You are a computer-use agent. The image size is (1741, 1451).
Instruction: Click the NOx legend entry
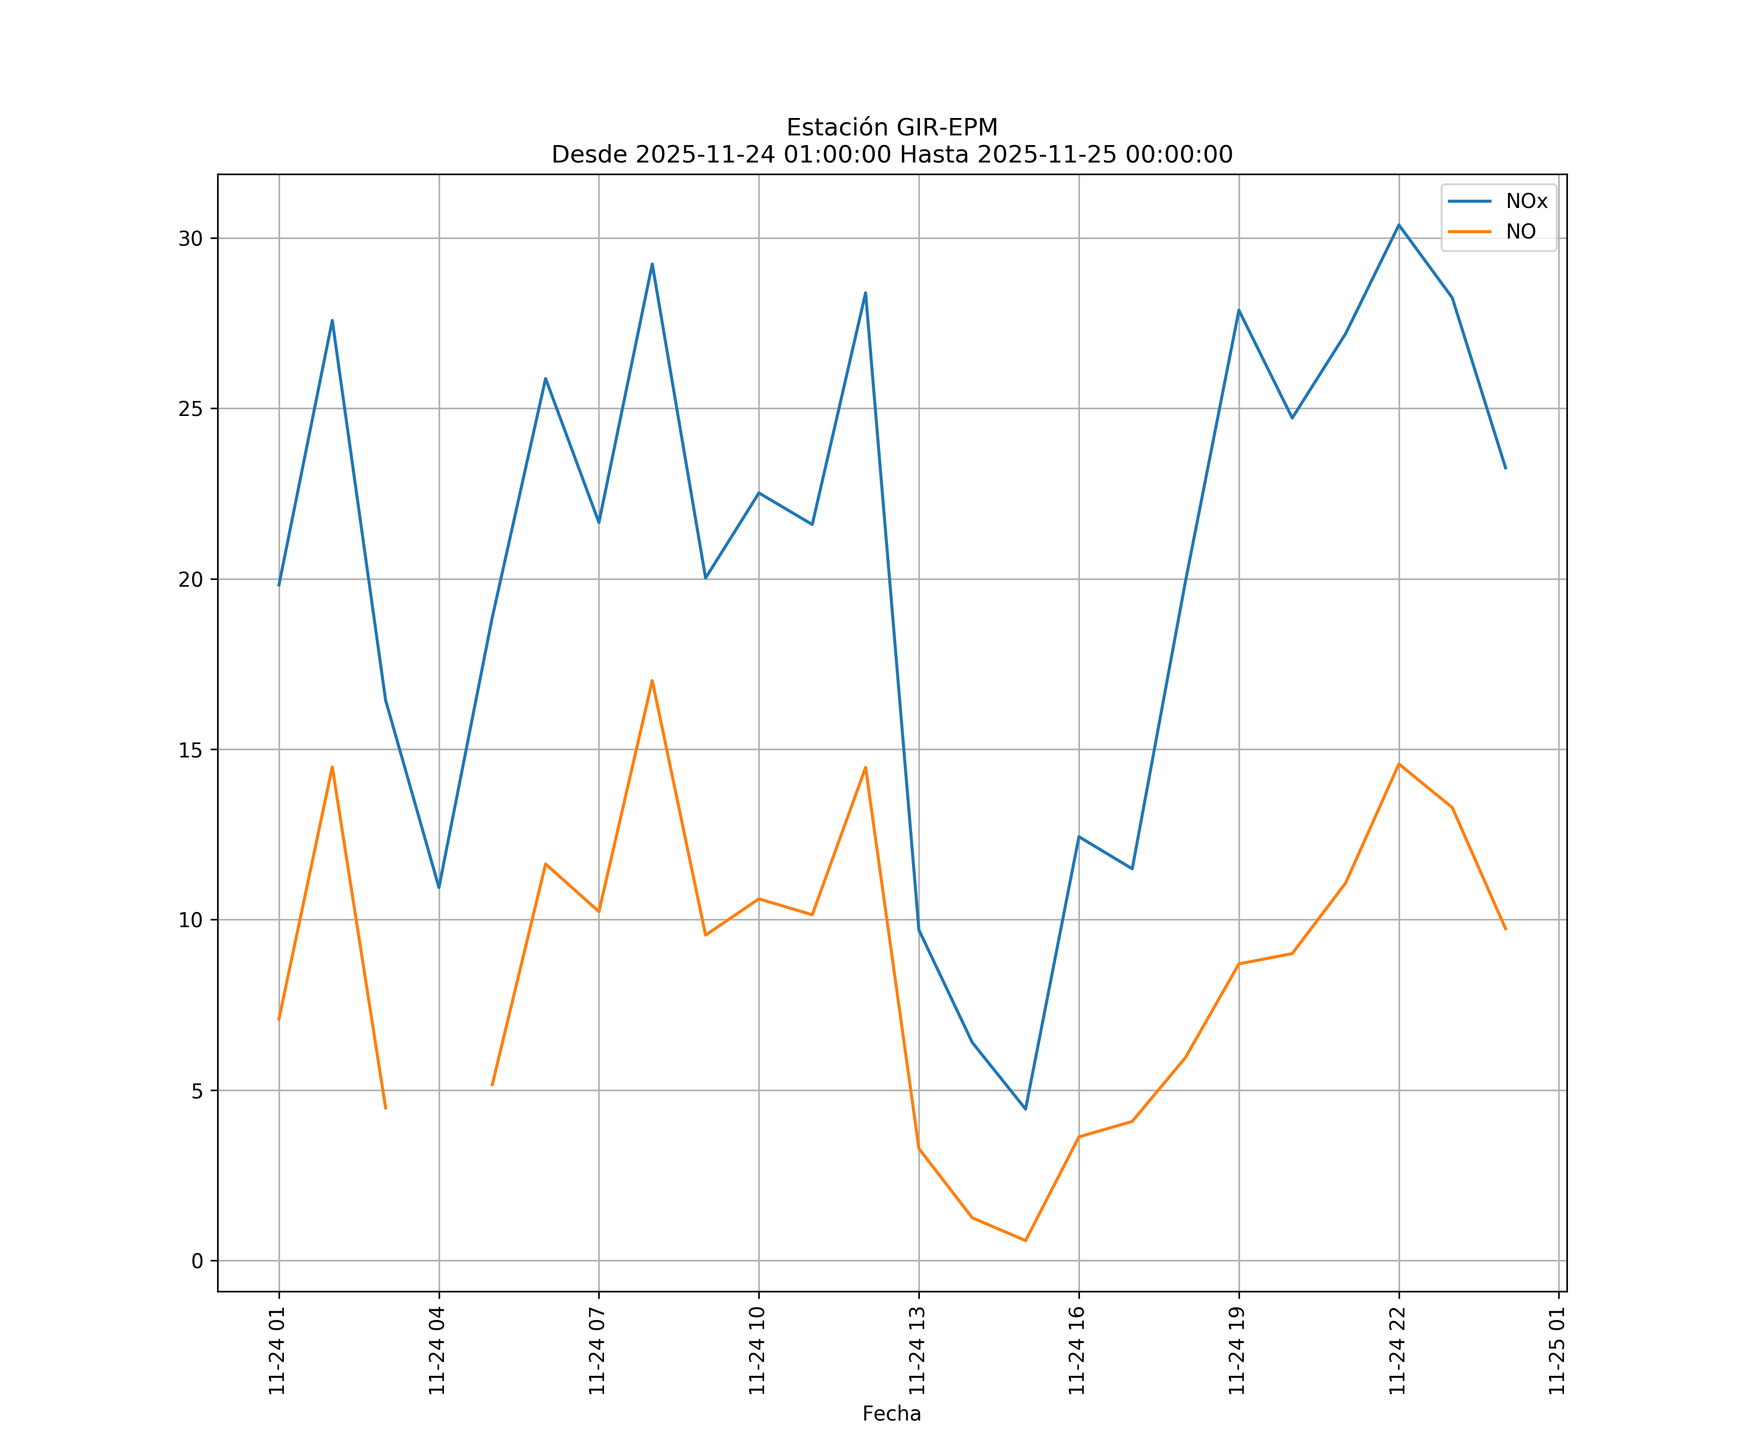point(1525,202)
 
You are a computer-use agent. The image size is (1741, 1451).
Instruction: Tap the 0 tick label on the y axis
point(197,1261)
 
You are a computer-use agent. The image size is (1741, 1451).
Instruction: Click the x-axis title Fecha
point(891,1414)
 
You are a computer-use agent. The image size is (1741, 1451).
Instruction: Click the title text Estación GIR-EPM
point(891,128)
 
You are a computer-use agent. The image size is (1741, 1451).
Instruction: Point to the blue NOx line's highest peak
point(1399,225)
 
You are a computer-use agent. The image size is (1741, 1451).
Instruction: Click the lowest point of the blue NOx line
point(1026,1109)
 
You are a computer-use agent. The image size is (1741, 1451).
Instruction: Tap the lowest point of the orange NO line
point(1026,1241)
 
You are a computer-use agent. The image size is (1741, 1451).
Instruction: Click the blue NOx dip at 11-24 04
point(439,888)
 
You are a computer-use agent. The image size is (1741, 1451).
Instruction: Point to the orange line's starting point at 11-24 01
point(279,1020)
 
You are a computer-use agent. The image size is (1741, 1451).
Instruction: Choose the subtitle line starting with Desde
point(891,154)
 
